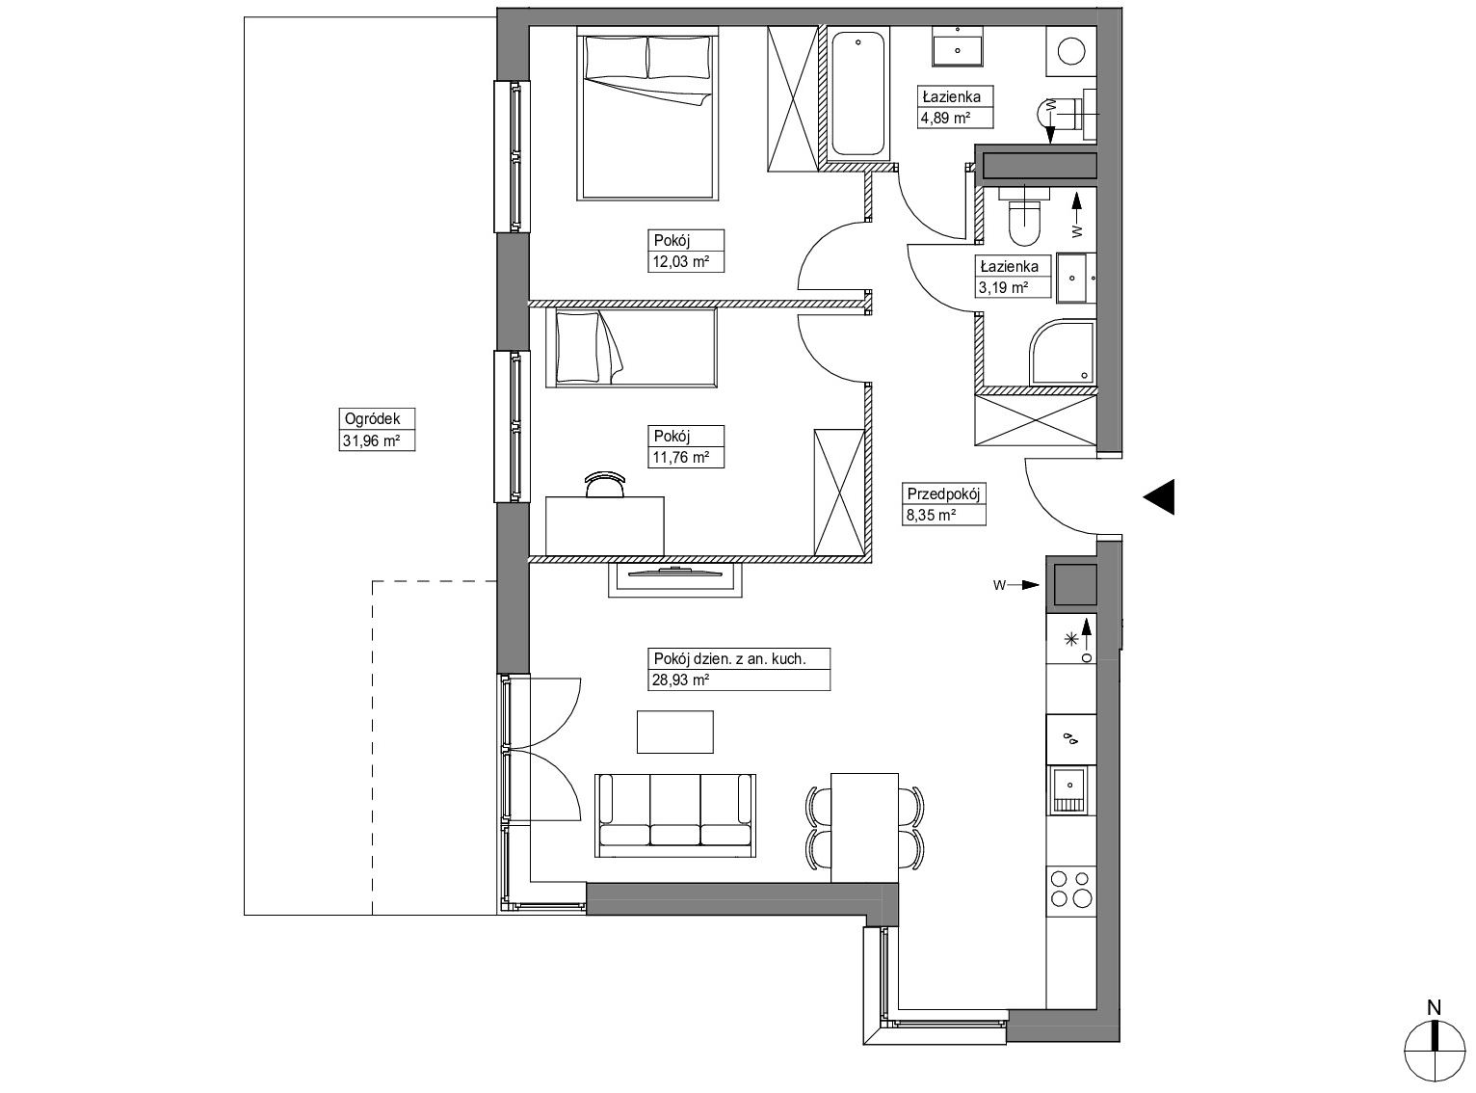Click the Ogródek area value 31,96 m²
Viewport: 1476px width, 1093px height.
(x=371, y=440)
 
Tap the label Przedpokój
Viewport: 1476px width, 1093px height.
(x=943, y=494)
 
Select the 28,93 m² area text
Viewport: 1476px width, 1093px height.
(x=680, y=680)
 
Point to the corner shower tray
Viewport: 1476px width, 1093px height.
(x=1062, y=354)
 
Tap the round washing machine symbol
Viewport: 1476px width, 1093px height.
(x=1071, y=51)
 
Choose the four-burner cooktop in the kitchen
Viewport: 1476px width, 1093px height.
(x=1071, y=890)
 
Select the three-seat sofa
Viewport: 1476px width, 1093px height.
(x=675, y=815)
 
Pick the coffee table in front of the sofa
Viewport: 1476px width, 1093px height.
(x=674, y=732)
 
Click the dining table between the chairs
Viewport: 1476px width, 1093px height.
(x=864, y=828)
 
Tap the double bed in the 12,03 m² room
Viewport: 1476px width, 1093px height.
(x=647, y=113)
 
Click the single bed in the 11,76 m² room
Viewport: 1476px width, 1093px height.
(x=631, y=347)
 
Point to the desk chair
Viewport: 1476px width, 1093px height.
(x=604, y=484)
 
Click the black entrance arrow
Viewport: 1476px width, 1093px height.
(x=1159, y=497)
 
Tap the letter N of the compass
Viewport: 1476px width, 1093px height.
(x=1434, y=1008)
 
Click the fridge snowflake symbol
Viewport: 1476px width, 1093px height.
(x=1071, y=639)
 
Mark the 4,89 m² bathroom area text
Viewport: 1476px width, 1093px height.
(x=945, y=120)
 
